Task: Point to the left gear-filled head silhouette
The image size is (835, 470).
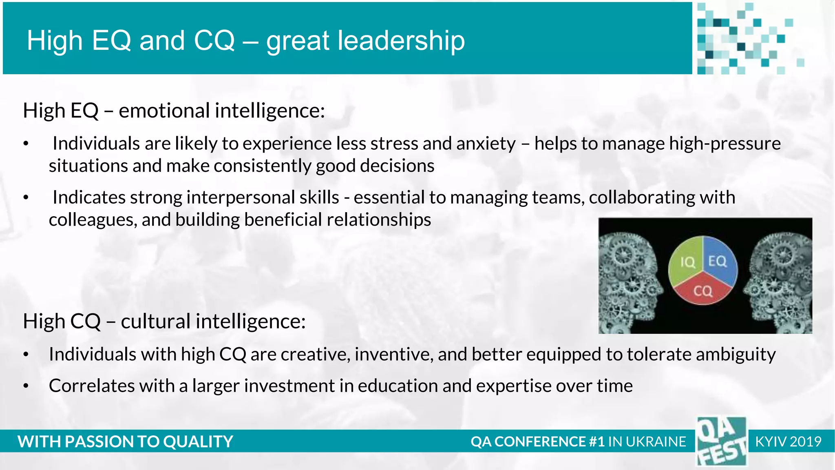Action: [628, 277]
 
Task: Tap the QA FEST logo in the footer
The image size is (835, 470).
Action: [721, 441]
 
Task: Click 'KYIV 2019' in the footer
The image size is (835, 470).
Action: [788, 441]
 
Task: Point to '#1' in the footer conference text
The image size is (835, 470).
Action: [596, 441]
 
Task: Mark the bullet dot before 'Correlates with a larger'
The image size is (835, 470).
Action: [26, 386]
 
